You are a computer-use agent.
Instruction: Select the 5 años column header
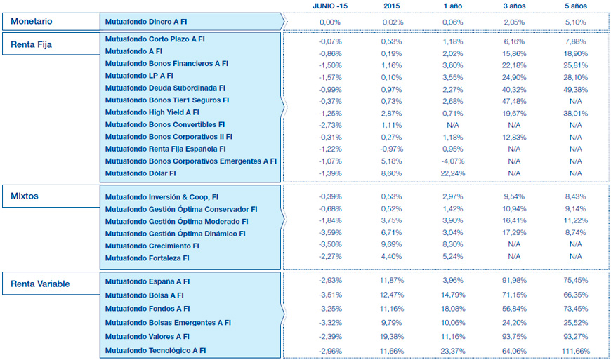click(x=575, y=6)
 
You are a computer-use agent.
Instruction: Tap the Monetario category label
click(x=32, y=21)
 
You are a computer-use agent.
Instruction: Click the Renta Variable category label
click(x=41, y=284)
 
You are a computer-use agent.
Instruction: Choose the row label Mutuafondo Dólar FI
click(x=140, y=173)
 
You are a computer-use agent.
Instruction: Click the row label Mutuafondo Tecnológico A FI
click(x=155, y=350)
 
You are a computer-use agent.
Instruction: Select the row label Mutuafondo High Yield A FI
click(x=152, y=112)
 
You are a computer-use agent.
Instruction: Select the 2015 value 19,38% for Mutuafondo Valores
click(x=392, y=336)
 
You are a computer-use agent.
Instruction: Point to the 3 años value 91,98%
click(x=514, y=281)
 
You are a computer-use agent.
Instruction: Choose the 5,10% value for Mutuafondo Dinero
click(x=575, y=22)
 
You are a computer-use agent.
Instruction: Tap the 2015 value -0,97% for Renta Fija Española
click(x=392, y=149)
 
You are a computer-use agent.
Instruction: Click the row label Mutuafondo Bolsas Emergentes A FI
click(x=168, y=323)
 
